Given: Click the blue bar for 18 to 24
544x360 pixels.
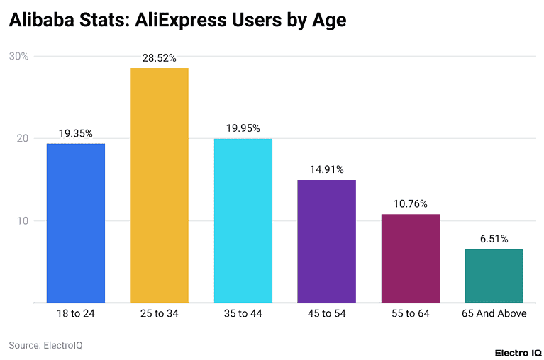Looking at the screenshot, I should pyautogui.click(x=75, y=223).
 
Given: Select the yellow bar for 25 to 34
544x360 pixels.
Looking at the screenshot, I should pyautogui.click(x=159, y=186).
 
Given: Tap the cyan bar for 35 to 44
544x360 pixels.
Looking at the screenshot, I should pyautogui.click(x=243, y=220).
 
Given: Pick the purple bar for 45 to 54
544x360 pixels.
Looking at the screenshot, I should pyautogui.click(x=326, y=241).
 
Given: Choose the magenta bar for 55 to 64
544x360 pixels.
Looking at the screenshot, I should pyautogui.click(x=410, y=258).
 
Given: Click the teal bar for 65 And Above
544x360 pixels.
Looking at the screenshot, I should pyautogui.click(x=494, y=276).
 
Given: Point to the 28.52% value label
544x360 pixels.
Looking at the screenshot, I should pyautogui.click(x=159, y=57).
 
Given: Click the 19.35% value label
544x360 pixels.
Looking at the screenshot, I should pyautogui.click(x=75, y=133).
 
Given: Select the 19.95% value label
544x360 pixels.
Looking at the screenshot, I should pyautogui.click(x=243, y=128).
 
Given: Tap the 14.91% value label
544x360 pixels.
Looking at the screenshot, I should pyautogui.click(x=326, y=169).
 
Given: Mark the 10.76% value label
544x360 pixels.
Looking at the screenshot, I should pyautogui.click(x=410, y=203).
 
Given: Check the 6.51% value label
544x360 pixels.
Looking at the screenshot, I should pyautogui.click(x=494, y=239).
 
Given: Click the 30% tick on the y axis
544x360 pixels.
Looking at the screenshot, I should pyautogui.click(x=18, y=56).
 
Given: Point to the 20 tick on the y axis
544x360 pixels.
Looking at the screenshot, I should pyautogui.click(x=21, y=138).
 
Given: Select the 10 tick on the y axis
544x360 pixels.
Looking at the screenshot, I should pyautogui.click(x=21, y=220).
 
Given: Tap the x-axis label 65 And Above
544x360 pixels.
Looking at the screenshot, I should pyautogui.click(x=494, y=313).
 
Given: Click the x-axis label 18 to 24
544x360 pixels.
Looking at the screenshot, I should pyautogui.click(x=75, y=313).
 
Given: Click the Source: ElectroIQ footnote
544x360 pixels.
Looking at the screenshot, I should pyautogui.click(x=40, y=345).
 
